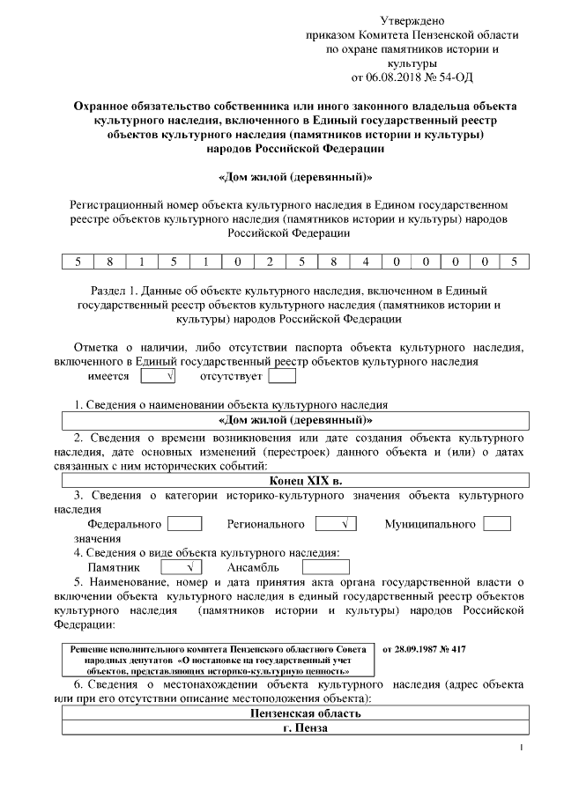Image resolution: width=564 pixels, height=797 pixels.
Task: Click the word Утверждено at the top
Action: click(412, 20)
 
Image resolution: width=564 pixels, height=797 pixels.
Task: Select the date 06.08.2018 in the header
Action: click(391, 77)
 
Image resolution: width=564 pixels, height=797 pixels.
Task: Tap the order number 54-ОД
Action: click(454, 77)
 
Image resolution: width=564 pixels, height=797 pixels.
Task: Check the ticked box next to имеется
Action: click(159, 377)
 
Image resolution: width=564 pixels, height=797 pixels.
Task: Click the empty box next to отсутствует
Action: click(282, 377)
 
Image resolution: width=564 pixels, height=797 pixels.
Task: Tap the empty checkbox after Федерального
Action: click(185, 524)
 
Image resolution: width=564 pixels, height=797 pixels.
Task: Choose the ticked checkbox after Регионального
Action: click(335, 524)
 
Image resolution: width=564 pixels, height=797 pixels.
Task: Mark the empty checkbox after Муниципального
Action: click(498, 524)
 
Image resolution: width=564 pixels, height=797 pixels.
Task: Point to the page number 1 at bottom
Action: click(522, 749)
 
